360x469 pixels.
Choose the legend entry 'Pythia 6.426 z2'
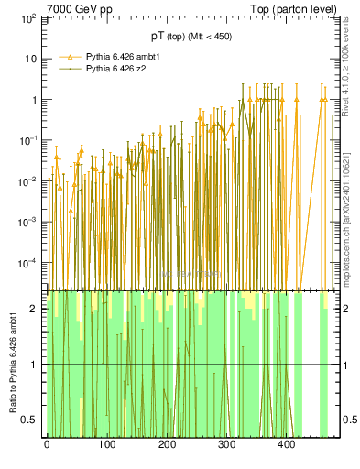click(x=115, y=68)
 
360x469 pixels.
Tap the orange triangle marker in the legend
click(x=68, y=57)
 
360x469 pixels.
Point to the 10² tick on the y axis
click(x=29, y=18)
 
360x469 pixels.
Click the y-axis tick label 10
click(x=32, y=59)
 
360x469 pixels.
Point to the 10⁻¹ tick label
click(x=29, y=140)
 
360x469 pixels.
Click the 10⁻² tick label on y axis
click(x=29, y=181)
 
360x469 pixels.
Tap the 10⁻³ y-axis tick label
click(x=29, y=222)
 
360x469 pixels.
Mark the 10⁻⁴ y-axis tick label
click(x=29, y=263)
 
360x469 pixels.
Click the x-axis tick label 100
click(x=106, y=444)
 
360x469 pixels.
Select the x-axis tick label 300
click(x=226, y=444)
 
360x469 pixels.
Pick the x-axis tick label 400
click(x=286, y=444)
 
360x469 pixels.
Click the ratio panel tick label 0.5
click(x=33, y=420)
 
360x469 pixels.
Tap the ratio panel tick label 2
click(x=37, y=309)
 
